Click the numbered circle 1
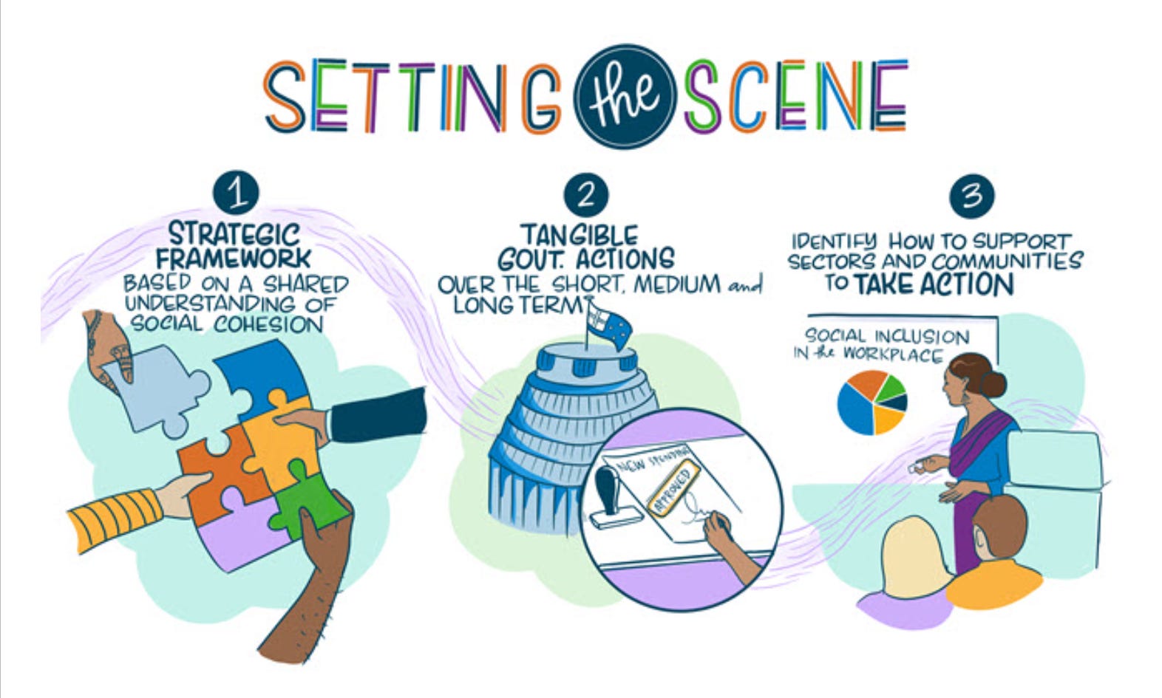[x=236, y=194]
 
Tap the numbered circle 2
[x=585, y=195]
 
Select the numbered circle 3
[x=971, y=196]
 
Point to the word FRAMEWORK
[x=233, y=259]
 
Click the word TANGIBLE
[x=579, y=236]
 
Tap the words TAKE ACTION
[x=934, y=284]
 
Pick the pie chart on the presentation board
[x=871, y=401]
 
